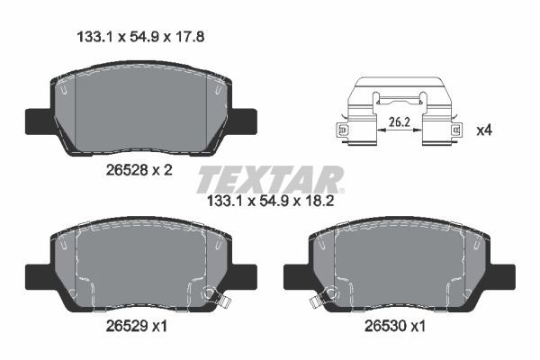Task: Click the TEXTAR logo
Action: coord(269,179)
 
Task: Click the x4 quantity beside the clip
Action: coord(484,130)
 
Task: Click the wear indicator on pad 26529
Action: coord(212,294)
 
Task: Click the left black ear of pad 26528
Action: coord(36,120)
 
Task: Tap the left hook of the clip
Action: coord(343,131)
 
